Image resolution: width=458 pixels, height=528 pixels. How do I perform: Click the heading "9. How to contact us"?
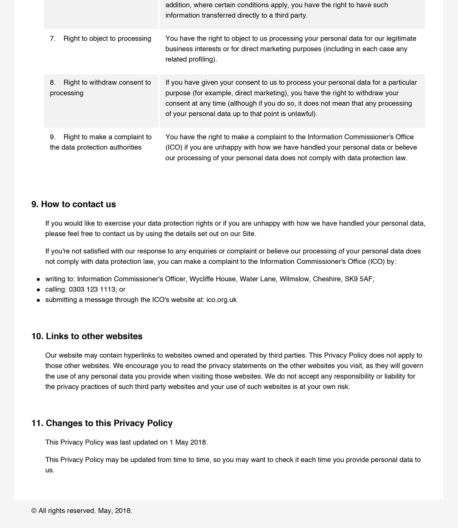coord(74,204)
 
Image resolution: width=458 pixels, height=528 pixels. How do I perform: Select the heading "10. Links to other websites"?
coord(87,336)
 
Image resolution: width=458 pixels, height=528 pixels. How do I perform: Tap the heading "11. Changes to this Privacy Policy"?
coord(102,423)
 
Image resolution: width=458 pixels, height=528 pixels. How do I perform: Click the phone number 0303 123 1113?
coord(92,289)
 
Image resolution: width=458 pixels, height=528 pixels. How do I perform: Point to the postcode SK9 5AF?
coord(359,279)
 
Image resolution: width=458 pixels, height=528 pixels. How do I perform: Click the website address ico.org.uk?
coord(221,300)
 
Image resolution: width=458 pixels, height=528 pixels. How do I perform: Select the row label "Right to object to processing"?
coord(107,39)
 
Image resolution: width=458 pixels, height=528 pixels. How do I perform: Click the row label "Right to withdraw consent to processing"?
coord(100,88)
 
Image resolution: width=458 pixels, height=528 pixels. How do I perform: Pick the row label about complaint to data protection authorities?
coord(101,142)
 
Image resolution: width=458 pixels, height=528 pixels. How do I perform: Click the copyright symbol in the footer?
coord(34,511)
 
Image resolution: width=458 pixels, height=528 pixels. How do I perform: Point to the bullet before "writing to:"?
coord(38,279)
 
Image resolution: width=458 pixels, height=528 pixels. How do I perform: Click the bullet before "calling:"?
coord(38,290)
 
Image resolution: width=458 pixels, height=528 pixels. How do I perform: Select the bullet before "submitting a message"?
coord(38,300)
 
